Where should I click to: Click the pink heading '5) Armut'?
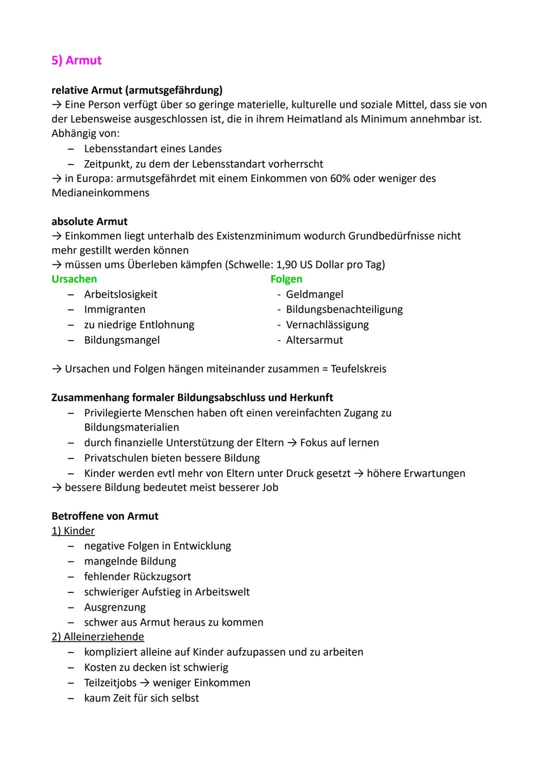point(76,60)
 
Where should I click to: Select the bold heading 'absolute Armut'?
point(89,221)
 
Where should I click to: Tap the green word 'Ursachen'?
point(74,279)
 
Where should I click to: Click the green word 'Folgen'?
point(286,279)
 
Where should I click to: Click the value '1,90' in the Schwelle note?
point(286,264)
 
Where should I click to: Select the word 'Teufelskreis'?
point(358,369)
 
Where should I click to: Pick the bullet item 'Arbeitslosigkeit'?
point(120,294)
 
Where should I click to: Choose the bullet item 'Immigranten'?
point(114,309)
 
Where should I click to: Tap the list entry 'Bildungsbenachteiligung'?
point(344,309)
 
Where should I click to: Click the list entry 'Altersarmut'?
point(314,340)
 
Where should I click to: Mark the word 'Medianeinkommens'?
point(100,193)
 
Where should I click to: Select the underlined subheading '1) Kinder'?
point(73,531)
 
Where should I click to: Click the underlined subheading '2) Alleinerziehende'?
point(97,636)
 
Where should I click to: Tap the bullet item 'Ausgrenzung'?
point(114,607)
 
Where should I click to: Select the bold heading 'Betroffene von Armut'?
point(105,516)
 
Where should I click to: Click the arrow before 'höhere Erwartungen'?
point(358,473)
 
